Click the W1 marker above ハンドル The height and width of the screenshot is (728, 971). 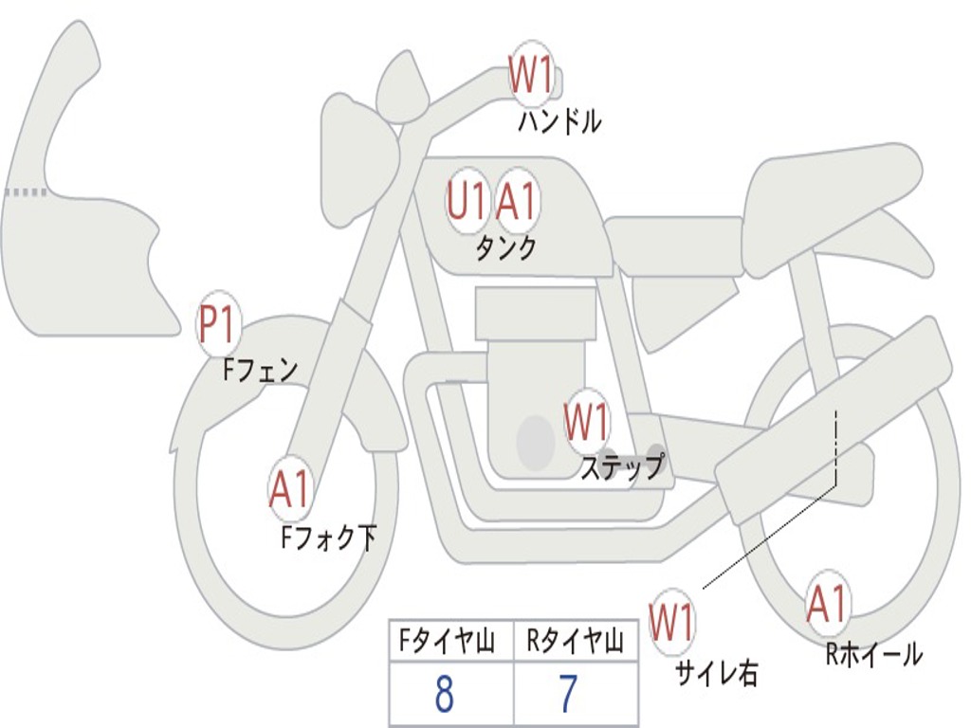point(531,76)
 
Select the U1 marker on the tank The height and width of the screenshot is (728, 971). point(467,202)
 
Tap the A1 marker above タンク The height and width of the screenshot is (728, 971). point(517,202)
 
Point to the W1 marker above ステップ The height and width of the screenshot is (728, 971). point(586,422)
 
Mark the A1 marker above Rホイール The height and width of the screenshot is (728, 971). point(827,604)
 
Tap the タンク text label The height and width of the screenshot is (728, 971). point(505,248)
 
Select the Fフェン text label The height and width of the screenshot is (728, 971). point(260,369)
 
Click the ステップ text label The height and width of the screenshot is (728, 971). point(622,467)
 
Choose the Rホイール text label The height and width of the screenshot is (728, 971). point(873,654)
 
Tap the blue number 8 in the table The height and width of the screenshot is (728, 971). point(444,695)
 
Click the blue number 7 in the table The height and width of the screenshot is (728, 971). point(567,695)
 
